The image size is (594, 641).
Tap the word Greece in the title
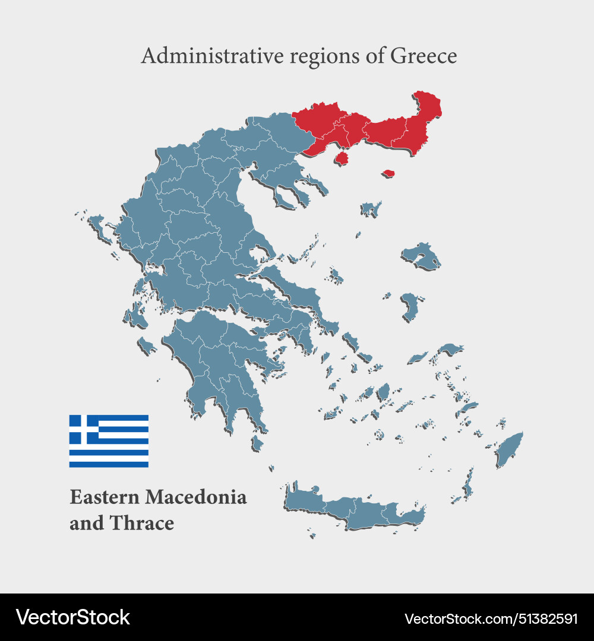tap(424, 56)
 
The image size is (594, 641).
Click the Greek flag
tap(109, 441)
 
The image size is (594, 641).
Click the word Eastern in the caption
tap(105, 497)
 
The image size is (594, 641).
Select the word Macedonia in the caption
tap(196, 497)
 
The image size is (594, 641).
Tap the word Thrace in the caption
tap(148, 523)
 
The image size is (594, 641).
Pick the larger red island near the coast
tap(342, 158)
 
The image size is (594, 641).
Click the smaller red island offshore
tap(388, 173)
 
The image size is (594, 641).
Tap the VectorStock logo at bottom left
tap(73, 617)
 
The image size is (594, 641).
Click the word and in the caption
tap(86, 523)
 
